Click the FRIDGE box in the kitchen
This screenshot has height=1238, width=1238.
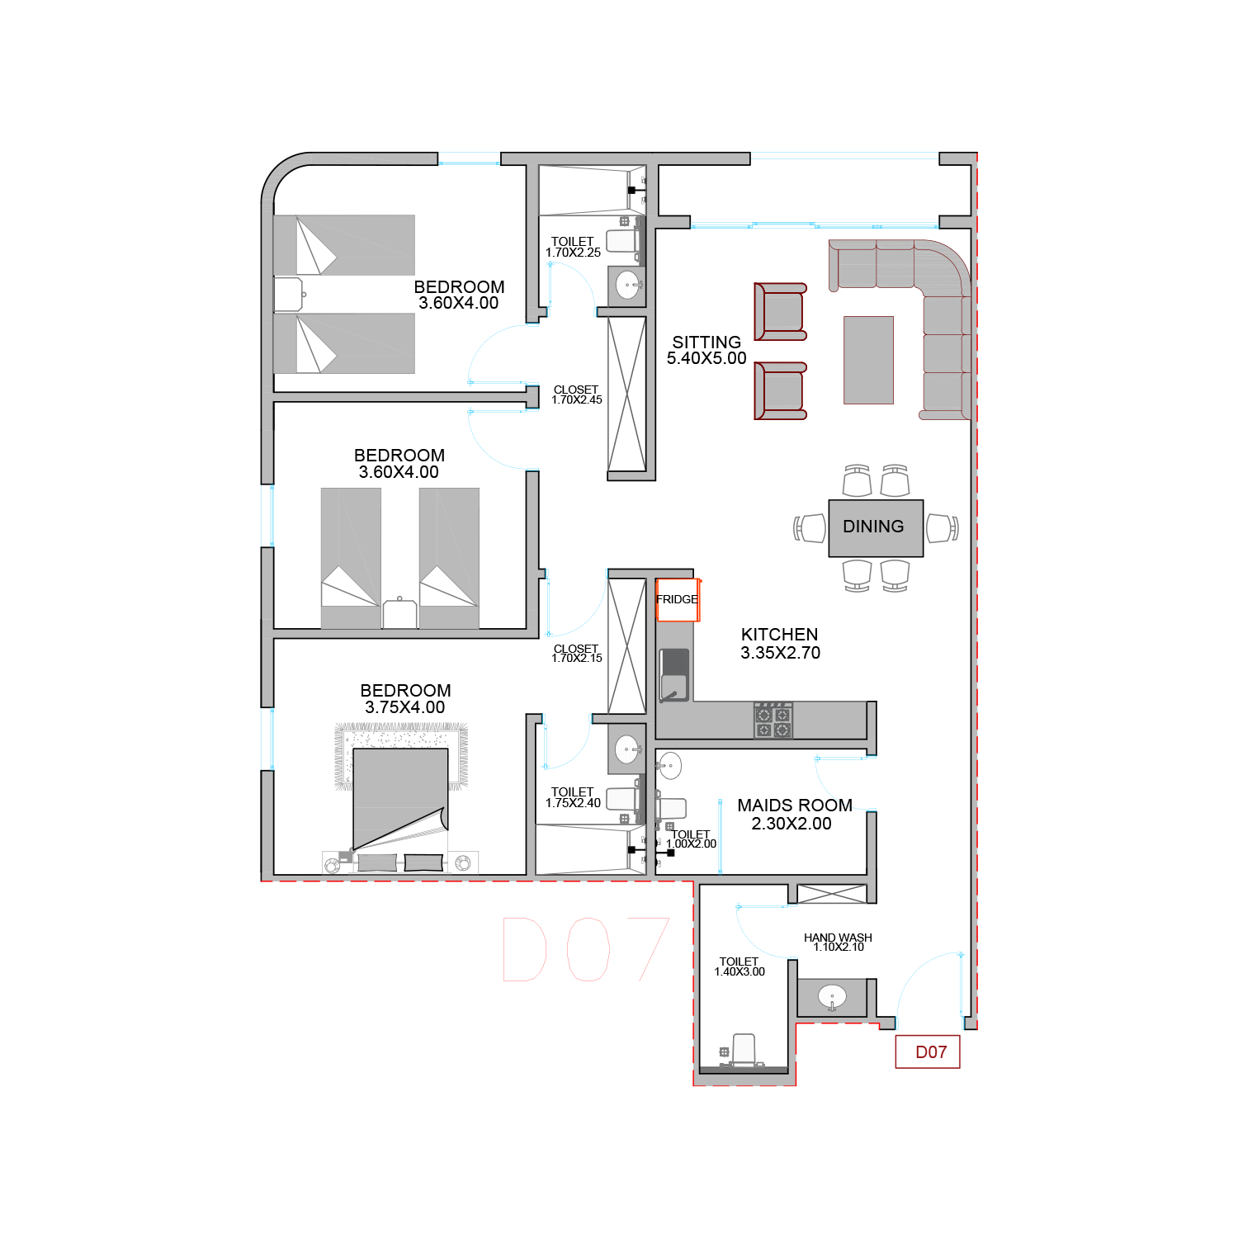click(678, 599)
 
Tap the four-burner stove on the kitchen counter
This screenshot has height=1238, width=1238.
click(773, 721)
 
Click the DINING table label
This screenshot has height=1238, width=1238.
click(873, 527)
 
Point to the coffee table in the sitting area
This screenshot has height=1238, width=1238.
click(868, 360)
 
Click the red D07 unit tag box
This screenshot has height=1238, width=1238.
click(928, 1051)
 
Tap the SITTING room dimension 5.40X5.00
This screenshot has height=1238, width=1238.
click(706, 358)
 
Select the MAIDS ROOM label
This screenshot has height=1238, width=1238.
click(795, 806)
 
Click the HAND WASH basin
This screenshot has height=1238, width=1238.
click(832, 997)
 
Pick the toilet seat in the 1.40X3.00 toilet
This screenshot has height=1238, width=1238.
click(744, 1050)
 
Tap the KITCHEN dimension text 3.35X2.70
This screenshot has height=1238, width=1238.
click(780, 653)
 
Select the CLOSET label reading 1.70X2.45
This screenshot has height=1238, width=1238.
click(577, 395)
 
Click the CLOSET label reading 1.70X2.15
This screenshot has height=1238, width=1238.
click(577, 654)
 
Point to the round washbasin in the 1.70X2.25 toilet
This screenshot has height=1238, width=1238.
click(627, 285)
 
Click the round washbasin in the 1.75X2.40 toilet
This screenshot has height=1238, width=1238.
click(627, 749)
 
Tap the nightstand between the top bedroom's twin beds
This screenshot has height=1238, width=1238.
click(289, 294)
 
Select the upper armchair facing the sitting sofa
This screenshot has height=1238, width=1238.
click(780, 312)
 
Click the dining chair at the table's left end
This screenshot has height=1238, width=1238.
click(810, 528)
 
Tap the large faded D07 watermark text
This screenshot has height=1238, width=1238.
click(586, 949)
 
